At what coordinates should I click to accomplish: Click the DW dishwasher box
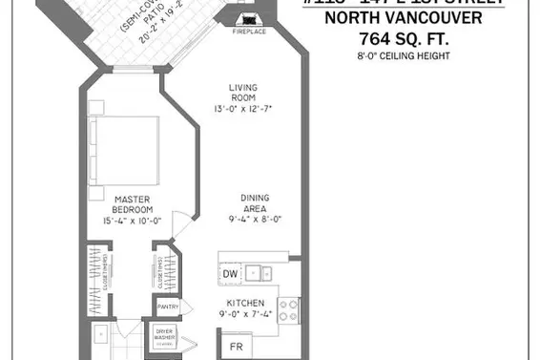[x=229, y=274]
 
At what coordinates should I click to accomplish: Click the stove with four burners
[x=289, y=308]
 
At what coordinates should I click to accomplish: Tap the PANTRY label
[x=168, y=307]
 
